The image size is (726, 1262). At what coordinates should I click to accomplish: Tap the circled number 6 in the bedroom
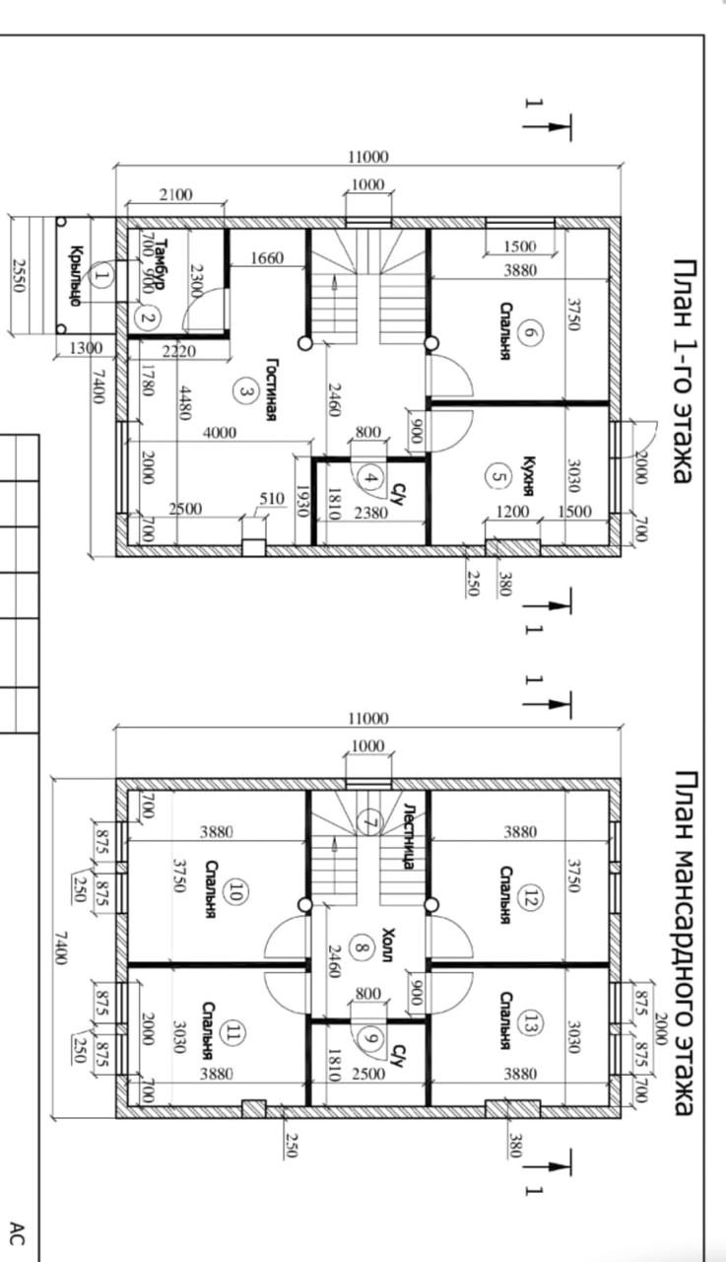pos(528,330)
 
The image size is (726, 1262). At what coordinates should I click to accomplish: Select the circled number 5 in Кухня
pos(496,476)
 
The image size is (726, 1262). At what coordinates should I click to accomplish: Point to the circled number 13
pos(527,1022)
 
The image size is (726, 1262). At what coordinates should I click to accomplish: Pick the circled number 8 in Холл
pos(362,947)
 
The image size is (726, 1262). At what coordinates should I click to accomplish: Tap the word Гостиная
pos(272,389)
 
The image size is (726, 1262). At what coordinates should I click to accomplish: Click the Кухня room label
pos(527,476)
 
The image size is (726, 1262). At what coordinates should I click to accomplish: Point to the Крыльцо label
pos(76,275)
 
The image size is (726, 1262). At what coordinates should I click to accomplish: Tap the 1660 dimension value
pos(267,258)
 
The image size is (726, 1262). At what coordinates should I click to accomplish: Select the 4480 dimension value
pos(184,403)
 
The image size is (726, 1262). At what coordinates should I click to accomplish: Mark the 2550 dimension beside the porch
pos(19,275)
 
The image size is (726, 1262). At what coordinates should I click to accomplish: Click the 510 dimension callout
pos(272,498)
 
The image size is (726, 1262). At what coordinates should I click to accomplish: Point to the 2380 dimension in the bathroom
pos(371,512)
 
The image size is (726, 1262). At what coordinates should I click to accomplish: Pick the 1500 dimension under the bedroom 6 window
pos(519,245)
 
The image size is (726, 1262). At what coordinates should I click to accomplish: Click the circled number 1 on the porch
pos(101,275)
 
